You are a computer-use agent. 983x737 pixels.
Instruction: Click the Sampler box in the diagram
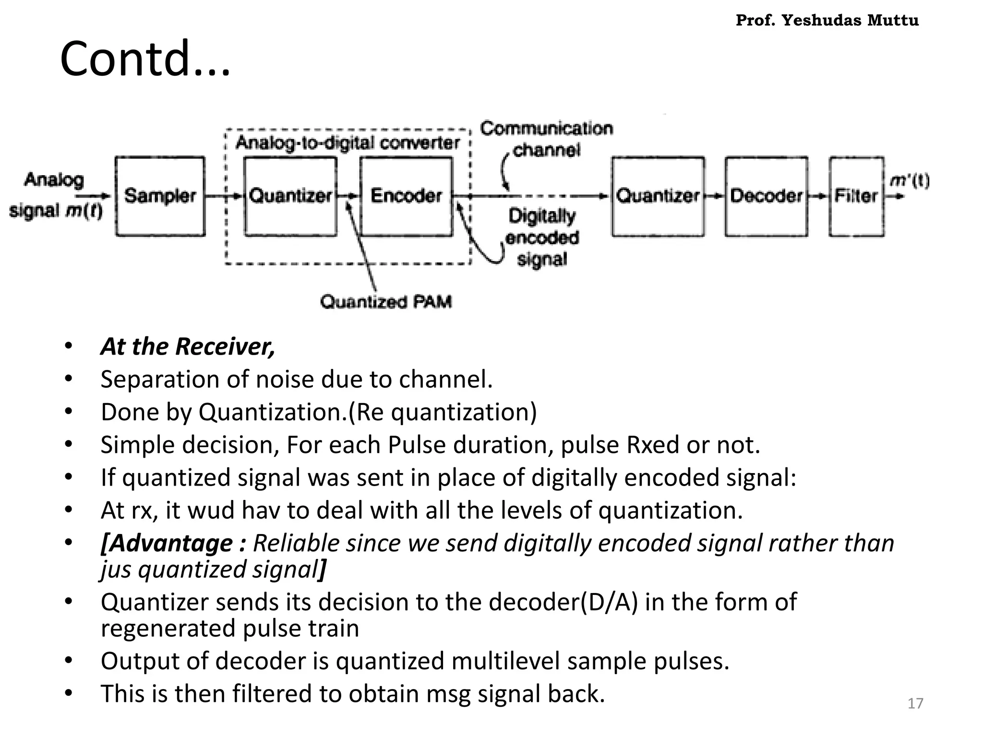[160, 196]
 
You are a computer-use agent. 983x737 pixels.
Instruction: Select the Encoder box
[406, 196]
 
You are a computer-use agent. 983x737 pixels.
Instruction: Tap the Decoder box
[766, 196]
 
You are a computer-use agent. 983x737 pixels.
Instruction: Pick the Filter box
[856, 196]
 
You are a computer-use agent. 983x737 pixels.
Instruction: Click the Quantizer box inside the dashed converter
[290, 196]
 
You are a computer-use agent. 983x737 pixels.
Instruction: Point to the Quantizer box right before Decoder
[658, 196]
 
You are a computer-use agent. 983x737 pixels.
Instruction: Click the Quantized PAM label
[386, 302]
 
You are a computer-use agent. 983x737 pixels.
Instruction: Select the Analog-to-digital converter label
[348, 143]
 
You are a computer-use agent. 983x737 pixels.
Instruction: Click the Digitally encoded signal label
[542, 238]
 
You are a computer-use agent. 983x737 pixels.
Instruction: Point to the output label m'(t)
[910, 181]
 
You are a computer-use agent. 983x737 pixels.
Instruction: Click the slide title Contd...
[145, 59]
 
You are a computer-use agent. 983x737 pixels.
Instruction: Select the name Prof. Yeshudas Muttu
[827, 21]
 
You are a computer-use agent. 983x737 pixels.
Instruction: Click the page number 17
[915, 703]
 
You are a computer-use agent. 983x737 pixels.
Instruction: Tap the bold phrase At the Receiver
[188, 346]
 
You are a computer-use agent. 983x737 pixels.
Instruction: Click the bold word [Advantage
[167, 543]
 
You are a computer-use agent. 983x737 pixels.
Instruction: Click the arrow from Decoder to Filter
[818, 196]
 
